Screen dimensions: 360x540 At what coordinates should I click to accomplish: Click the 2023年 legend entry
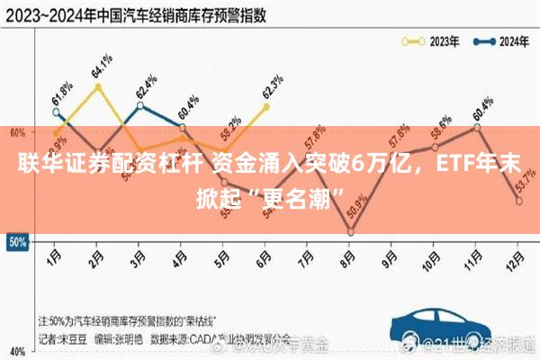[x=432, y=40]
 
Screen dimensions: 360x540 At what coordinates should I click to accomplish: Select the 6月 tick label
[x=265, y=257]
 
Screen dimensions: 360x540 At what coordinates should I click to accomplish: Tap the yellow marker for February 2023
[x=97, y=86]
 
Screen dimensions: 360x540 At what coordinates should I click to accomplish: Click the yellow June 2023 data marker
[x=266, y=106]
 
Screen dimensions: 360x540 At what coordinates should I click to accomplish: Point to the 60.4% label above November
[x=482, y=107]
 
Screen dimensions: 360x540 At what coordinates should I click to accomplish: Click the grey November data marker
[x=477, y=127]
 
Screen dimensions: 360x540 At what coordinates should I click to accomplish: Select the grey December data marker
[x=519, y=201]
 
